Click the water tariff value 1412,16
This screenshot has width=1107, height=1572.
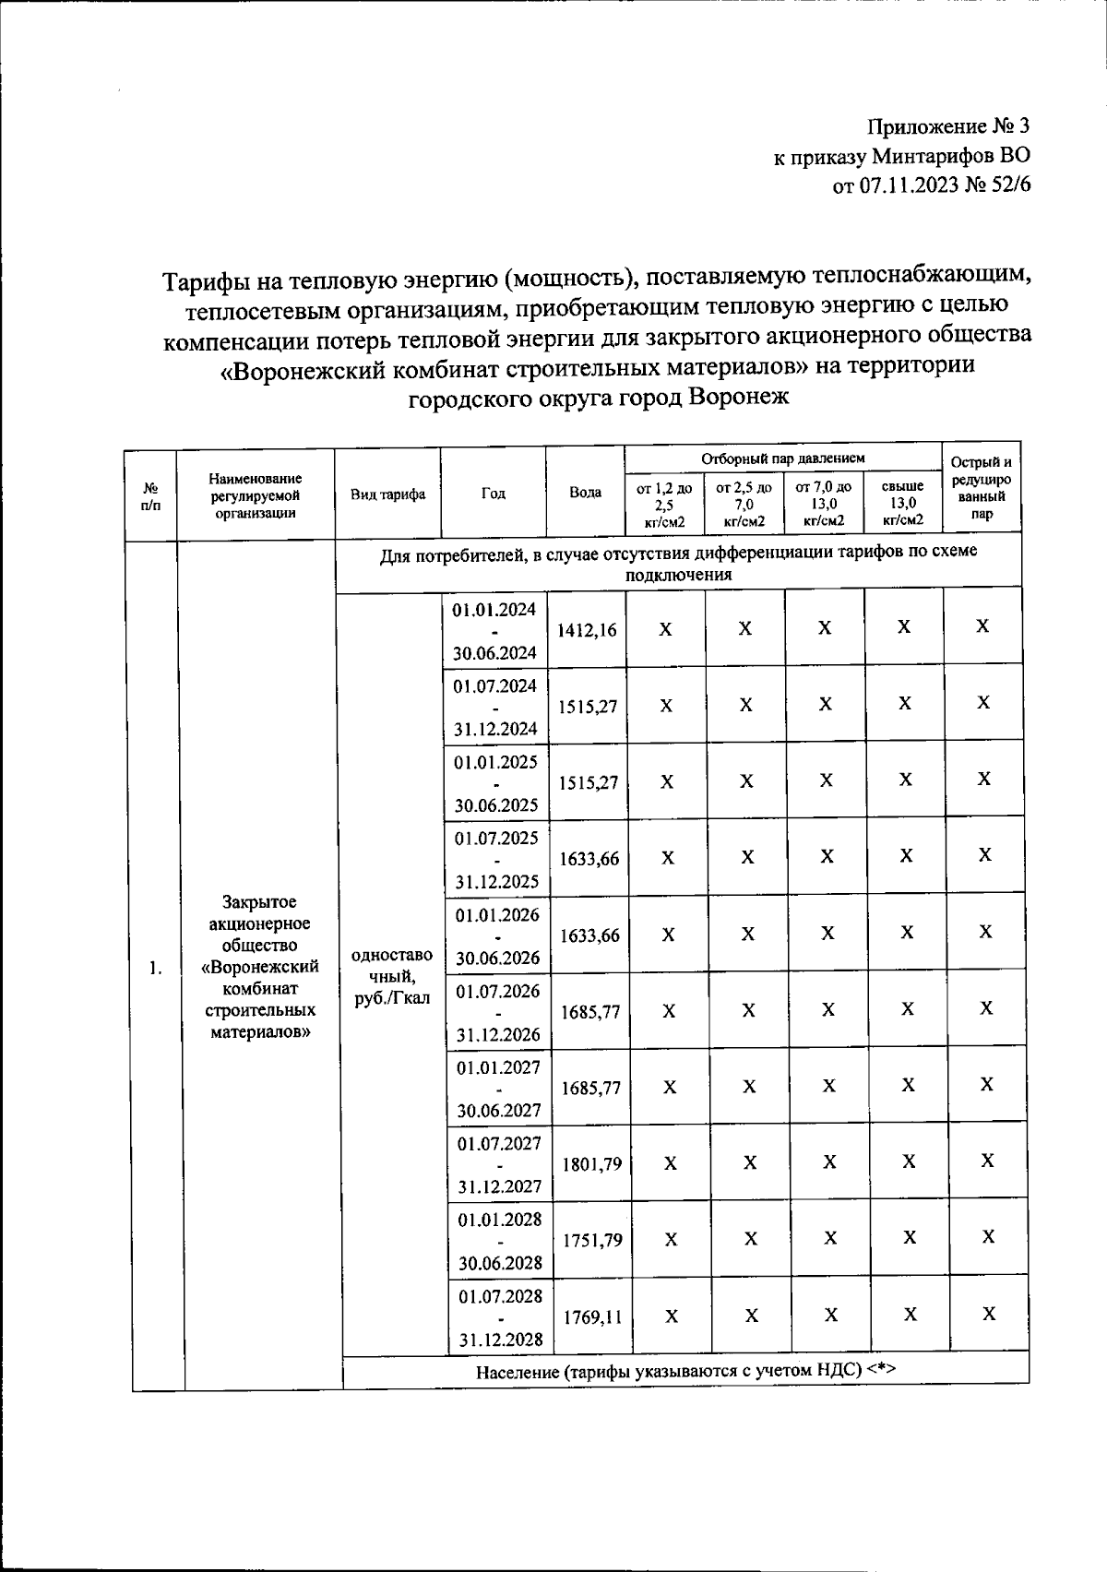point(587,630)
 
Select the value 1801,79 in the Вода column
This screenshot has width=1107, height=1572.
point(591,1164)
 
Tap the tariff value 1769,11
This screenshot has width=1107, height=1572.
point(592,1317)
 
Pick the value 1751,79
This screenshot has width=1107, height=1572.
point(591,1241)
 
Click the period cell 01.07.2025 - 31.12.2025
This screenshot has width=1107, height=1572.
point(496,859)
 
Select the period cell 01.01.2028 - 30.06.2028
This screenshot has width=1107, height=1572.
point(500,1241)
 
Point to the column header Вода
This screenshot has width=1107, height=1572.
point(586,493)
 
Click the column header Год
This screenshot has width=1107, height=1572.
point(494,494)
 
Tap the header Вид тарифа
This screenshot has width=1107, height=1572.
point(387,494)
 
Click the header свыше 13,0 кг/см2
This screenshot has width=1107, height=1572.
point(902,503)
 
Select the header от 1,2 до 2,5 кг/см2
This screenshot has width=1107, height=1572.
point(664,503)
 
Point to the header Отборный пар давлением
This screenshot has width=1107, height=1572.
point(783,458)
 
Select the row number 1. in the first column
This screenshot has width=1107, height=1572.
point(155,968)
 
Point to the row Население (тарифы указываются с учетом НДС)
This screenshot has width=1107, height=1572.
point(685,1371)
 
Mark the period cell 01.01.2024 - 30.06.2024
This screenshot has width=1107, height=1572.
point(494,631)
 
